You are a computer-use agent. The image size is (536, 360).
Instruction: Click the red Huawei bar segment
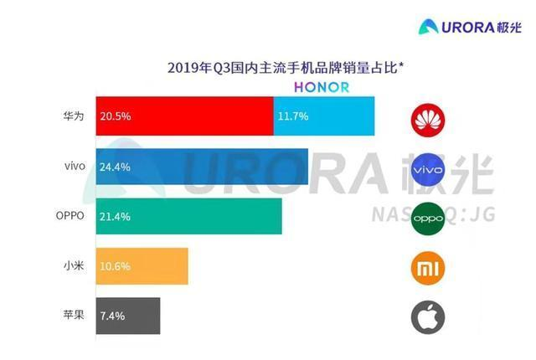click(184, 116)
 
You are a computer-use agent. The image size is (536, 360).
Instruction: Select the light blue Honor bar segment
click(323, 116)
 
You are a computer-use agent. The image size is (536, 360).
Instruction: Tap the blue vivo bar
click(202, 167)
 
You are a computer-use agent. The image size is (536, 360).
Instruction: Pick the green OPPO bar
click(188, 217)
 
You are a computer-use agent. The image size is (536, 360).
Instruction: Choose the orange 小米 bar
click(142, 267)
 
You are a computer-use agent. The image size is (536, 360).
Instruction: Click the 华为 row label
click(74, 116)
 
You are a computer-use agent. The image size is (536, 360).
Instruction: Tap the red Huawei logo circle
click(428, 118)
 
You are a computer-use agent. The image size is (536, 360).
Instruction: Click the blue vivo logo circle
click(428, 168)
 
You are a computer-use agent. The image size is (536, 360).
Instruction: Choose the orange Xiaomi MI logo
click(428, 268)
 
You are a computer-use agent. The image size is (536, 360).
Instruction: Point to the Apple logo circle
click(428, 317)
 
